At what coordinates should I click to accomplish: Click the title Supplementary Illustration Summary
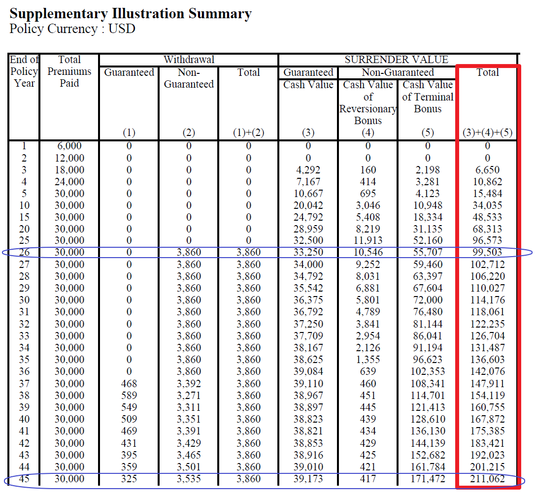pyautogui.click(x=131, y=13)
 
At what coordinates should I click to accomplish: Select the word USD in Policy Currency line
pyautogui.click(x=122, y=29)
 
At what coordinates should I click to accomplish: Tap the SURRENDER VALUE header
pyautogui.click(x=397, y=60)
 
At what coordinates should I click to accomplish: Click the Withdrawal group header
pyautogui.click(x=189, y=60)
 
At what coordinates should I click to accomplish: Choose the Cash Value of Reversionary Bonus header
pyautogui.click(x=368, y=102)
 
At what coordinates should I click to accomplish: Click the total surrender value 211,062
pyautogui.click(x=487, y=479)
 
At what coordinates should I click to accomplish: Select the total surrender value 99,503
pyautogui.click(x=487, y=253)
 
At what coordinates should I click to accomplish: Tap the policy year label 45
pyautogui.click(x=24, y=479)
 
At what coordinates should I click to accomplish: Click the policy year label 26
pyautogui.click(x=24, y=253)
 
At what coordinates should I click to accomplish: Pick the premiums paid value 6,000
pyautogui.click(x=69, y=146)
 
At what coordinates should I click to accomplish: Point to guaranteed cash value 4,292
pyautogui.click(x=308, y=170)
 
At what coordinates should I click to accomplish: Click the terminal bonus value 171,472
pyautogui.click(x=427, y=479)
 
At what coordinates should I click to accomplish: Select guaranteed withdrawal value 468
pyautogui.click(x=129, y=383)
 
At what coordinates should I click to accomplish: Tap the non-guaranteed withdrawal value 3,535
pyautogui.click(x=189, y=479)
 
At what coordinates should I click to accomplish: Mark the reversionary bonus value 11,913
pyautogui.click(x=368, y=241)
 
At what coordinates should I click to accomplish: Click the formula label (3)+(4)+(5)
pyautogui.click(x=487, y=133)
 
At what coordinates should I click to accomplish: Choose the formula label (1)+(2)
pyautogui.click(x=248, y=133)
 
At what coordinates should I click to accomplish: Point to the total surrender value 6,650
pyautogui.click(x=487, y=170)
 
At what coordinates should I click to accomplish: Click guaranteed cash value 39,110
pyautogui.click(x=308, y=383)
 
